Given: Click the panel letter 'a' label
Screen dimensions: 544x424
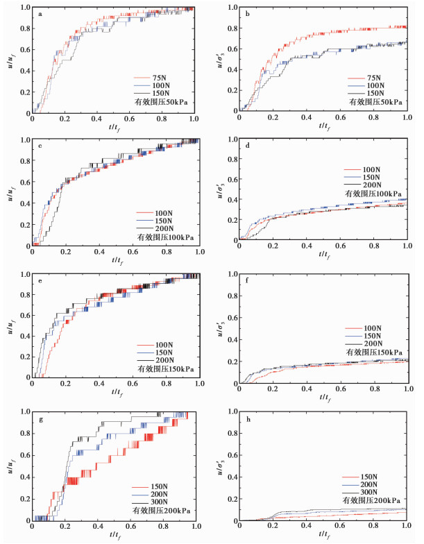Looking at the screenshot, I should click(41, 15).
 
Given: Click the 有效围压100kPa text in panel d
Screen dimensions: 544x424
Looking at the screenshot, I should click(371, 195).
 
